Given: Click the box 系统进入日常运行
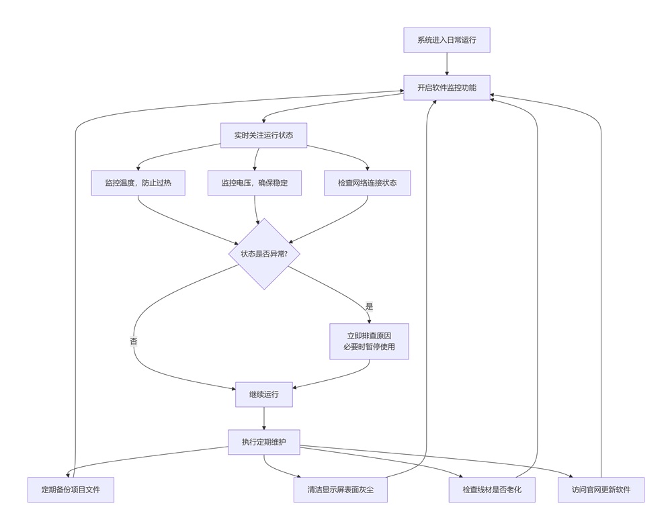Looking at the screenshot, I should (x=446, y=40).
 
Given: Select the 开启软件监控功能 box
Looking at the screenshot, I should (x=446, y=88).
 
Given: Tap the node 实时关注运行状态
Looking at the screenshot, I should (x=263, y=135).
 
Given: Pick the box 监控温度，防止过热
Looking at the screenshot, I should (x=138, y=183).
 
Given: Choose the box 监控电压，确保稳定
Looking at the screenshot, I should (x=254, y=183).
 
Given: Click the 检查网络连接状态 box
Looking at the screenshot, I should (x=367, y=183).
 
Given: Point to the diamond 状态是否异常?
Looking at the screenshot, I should (x=264, y=254).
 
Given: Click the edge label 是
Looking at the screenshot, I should (x=369, y=306).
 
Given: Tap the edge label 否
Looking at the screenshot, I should (x=134, y=341).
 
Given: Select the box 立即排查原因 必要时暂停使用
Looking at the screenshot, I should (x=369, y=341).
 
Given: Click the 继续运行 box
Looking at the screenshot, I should (x=263, y=394).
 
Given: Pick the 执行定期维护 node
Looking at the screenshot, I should (x=263, y=442).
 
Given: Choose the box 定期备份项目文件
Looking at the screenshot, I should (x=71, y=490).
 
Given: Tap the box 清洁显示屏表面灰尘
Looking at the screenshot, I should (x=340, y=490).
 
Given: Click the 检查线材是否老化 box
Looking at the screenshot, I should (x=492, y=490).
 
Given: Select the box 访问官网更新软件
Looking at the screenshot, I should (x=601, y=490).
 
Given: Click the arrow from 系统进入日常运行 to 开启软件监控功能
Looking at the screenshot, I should (x=446, y=64).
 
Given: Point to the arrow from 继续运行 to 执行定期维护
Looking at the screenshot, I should (x=263, y=418).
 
